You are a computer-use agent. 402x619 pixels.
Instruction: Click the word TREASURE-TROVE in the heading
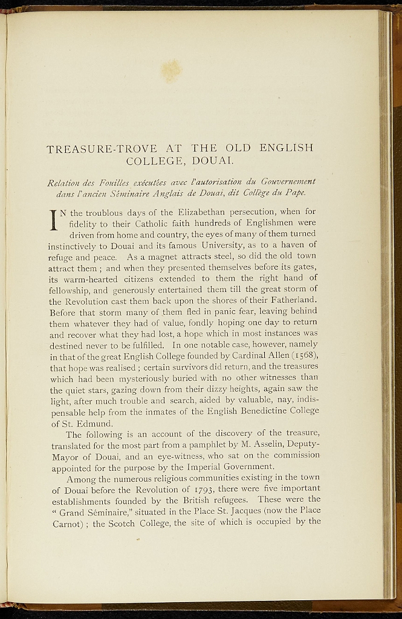(102, 148)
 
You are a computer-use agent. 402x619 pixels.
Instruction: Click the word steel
(227, 256)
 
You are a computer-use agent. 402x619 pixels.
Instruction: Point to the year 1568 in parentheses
(302, 355)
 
